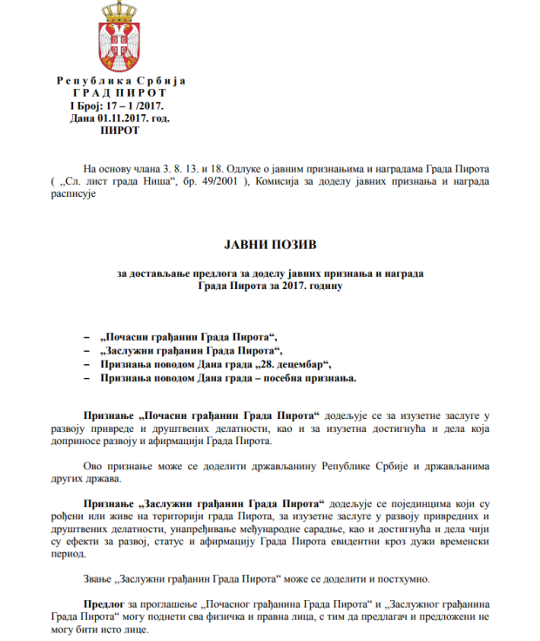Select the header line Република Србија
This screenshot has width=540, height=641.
[121, 81]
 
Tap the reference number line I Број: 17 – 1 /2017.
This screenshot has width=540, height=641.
[122, 105]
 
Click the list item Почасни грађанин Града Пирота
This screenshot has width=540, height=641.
[191, 337]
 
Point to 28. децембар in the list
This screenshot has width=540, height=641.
[291, 364]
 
